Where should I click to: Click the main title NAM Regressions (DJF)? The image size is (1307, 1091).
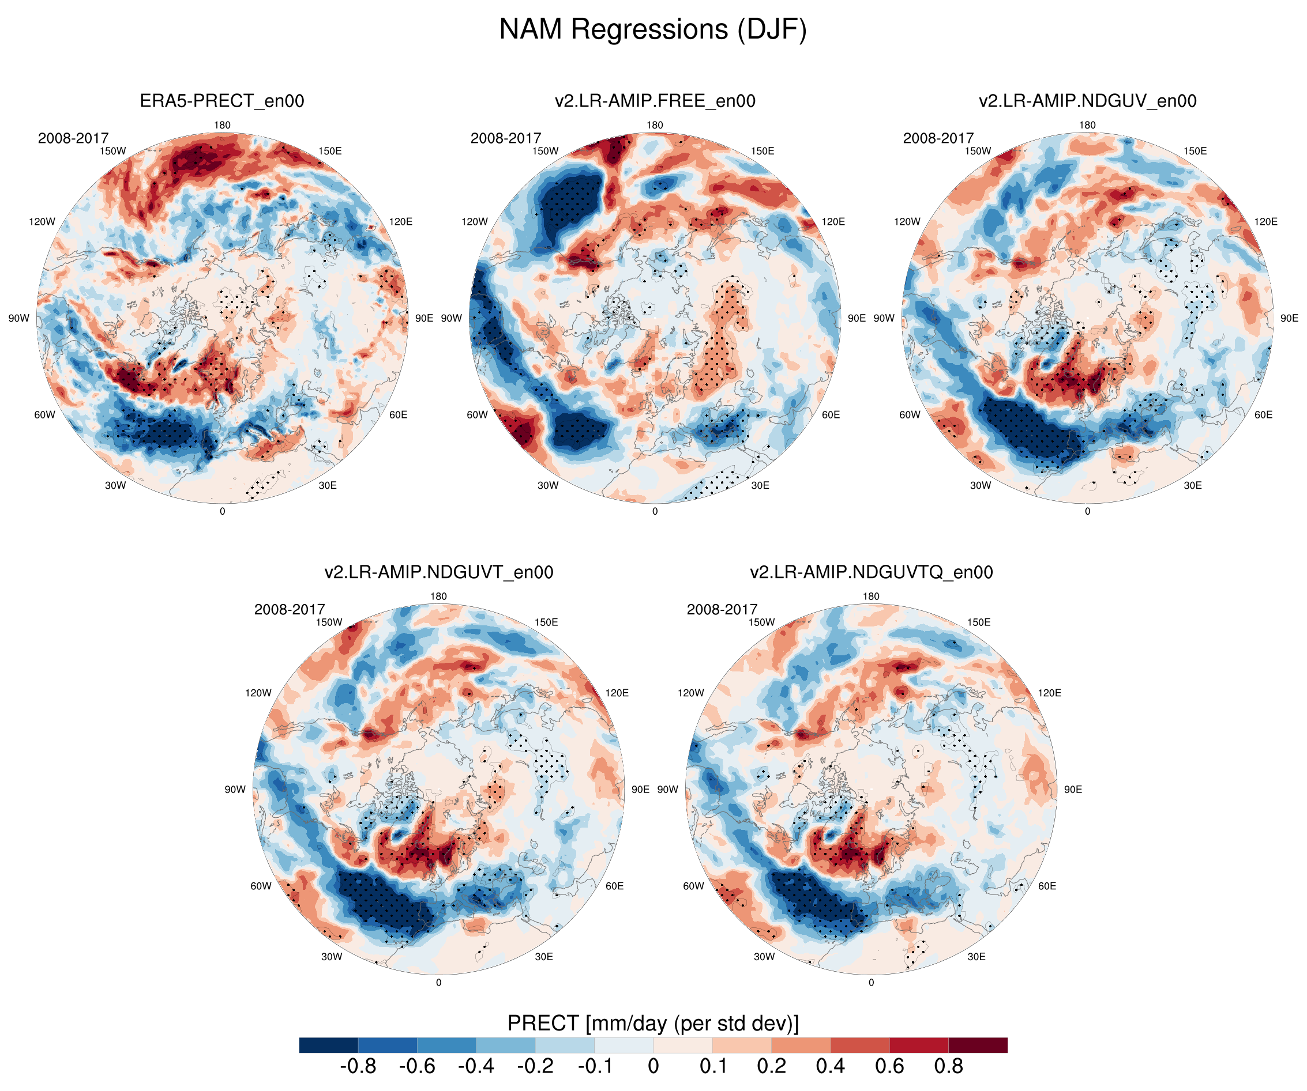pyautogui.click(x=653, y=30)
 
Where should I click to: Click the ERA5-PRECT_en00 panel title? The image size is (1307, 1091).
pyautogui.click(x=222, y=101)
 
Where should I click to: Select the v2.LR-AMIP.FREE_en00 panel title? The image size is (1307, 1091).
pyautogui.click(x=655, y=101)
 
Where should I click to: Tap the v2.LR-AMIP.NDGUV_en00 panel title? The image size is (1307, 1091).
pyautogui.click(x=1087, y=101)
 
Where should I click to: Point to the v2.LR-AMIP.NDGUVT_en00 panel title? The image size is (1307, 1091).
pyautogui.click(x=439, y=572)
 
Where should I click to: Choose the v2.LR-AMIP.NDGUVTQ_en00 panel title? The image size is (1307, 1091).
pyautogui.click(x=872, y=572)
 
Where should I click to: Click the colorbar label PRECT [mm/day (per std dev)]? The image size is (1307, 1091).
pyautogui.click(x=653, y=1023)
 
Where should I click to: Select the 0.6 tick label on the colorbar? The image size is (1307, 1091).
pyautogui.click(x=889, y=1066)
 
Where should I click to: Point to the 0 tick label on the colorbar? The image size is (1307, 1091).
pyautogui.click(x=653, y=1066)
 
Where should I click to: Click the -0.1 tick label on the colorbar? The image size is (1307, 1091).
pyautogui.click(x=595, y=1066)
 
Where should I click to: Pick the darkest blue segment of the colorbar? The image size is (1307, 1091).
pyautogui.click(x=328, y=1045)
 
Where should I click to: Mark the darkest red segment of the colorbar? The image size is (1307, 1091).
pyautogui.click(x=978, y=1045)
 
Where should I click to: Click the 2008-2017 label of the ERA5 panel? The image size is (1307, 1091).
pyautogui.click(x=73, y=138)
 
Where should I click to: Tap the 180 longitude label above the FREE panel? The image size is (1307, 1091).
pyautogui.click(x=655, y=125)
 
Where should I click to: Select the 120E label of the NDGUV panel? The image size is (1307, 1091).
pyautogui.click(x=1266, y=221)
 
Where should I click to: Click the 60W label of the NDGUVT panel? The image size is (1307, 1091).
pyautogui.click(x=261, y=886)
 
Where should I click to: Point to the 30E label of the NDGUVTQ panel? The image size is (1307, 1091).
pyautogui.click(x=977, y=957)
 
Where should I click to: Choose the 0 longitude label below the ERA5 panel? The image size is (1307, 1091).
pyautogui.click(x=222, y=511)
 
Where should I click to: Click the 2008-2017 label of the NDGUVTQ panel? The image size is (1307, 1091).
pyautogui.click(x=722, y=610)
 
